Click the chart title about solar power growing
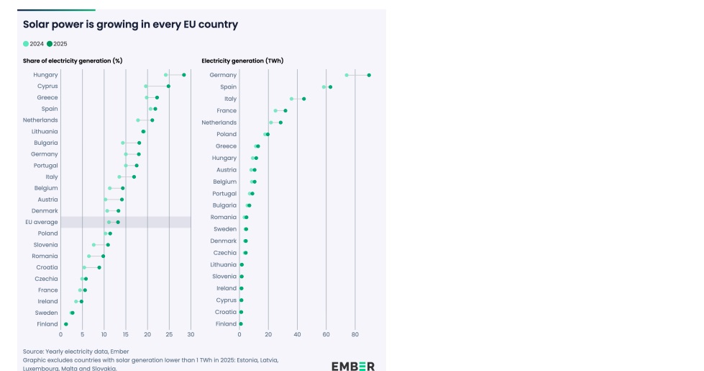130,24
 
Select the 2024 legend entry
34,44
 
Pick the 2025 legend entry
57,44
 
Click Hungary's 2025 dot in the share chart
184,75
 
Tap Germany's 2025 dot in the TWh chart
369,75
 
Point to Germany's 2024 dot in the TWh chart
347,75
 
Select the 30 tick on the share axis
191,334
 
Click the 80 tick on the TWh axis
355,334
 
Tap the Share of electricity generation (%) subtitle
73,61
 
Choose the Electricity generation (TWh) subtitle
242,61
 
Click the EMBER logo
352,365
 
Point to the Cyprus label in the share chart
47,86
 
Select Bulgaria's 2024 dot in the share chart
123,143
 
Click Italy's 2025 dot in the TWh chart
304,99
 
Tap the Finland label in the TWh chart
226,324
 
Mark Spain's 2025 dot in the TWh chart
330,87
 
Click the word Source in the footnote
34,352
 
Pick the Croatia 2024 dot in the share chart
84,267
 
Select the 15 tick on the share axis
126,334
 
